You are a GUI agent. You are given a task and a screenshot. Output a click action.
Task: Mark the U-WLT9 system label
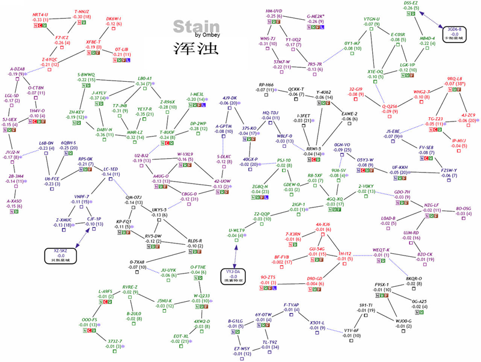(x=237, y=230)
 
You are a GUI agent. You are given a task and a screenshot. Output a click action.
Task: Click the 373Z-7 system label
(x=113, y=341)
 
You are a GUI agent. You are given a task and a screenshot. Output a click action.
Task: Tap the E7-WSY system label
(x=242, y=348)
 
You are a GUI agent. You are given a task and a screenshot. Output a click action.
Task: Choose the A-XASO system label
(x=14, y=184)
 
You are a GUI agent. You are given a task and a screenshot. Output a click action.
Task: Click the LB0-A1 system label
(x=145, y=78)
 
